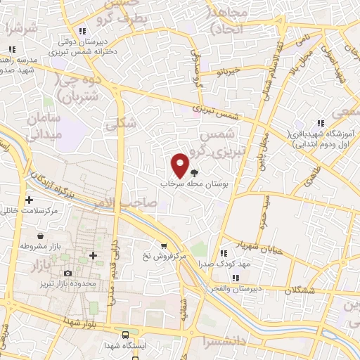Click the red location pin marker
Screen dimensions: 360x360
pyautogui.click(x=181, y=165)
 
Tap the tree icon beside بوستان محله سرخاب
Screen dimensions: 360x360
pyautogui.click(x=195, y=172)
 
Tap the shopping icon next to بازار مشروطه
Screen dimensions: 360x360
pyautogui.click(x=41, y=236)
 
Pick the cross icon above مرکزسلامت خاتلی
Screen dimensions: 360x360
pyautogui.click(x=29, y=200)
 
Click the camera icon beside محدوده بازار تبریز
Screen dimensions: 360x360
pyautogui.click(x=67, y=273)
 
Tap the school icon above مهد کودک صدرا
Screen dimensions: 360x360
pyautogui.click(x=223, y=253)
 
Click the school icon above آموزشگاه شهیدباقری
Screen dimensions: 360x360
pyautogui.click(x=320, y=124)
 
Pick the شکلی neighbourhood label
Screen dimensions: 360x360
pyautogui.click(x=115, y=124)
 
